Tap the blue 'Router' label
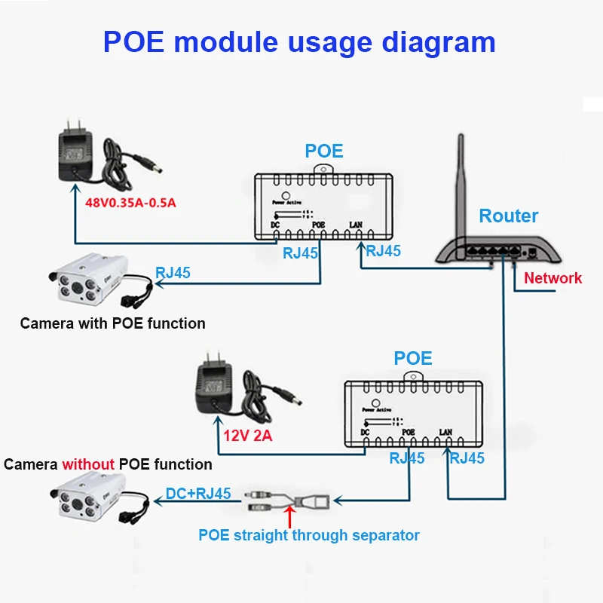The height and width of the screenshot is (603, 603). [x=509, y=216]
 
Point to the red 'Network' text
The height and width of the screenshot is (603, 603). [x=553, y=278]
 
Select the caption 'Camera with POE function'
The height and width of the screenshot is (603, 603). [x=112, y=323]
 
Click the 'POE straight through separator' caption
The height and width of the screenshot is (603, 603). [x=308, y=535]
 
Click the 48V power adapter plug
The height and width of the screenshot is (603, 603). [x=75, y=147]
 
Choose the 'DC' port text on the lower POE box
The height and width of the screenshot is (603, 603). [x=365, y=432]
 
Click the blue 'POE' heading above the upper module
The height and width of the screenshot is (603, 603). [x=324, y=151]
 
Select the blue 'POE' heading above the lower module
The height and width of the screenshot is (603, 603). [x=413, y=357]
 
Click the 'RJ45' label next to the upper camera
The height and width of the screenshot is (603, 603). [x=173, y=273]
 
